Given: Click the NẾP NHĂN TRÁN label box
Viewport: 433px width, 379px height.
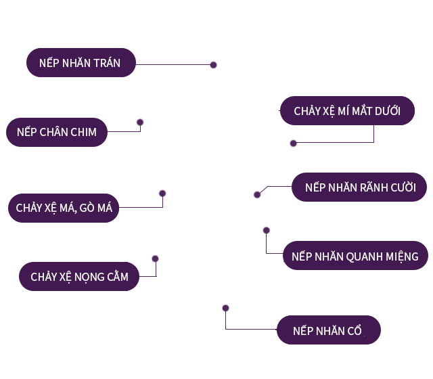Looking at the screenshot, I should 81,63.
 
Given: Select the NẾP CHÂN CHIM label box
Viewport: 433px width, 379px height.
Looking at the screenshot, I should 57,132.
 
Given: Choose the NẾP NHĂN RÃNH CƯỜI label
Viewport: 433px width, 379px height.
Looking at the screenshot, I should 360,187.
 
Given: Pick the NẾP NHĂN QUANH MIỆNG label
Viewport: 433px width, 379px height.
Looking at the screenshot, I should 355,257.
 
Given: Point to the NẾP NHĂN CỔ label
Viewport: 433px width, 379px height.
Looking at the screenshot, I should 328,331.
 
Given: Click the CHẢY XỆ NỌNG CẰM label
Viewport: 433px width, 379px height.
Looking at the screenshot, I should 79,276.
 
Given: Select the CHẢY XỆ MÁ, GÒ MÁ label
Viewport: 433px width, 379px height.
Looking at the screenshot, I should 64,208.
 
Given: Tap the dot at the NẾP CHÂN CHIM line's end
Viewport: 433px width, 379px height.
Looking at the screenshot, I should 139,122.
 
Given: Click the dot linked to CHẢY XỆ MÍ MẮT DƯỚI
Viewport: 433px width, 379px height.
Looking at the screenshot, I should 294,143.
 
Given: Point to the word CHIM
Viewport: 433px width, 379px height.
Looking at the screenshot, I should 82,132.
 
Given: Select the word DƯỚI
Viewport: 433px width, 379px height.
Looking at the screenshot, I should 384,110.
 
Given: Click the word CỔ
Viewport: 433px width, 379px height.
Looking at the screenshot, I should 355,331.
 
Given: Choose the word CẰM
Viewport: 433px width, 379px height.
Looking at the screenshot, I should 114,276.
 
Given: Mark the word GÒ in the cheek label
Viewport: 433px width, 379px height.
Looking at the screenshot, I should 87,208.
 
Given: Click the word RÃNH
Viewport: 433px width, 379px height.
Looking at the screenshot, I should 371,187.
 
